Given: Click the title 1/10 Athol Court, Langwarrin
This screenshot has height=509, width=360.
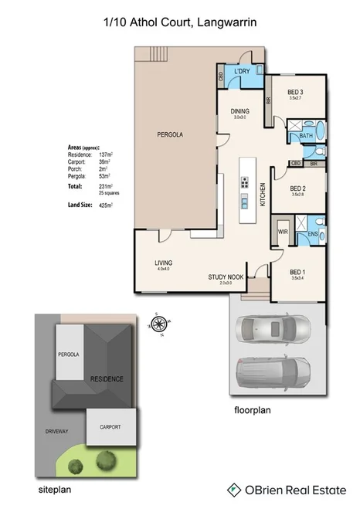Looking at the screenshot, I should point(179,24).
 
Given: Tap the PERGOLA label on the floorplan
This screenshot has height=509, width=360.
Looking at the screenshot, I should point(172,134).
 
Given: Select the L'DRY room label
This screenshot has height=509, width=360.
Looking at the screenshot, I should point(242,71).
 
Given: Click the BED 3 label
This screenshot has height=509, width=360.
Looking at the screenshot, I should point(295,93).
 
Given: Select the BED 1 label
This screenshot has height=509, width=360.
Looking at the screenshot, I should point(298,271).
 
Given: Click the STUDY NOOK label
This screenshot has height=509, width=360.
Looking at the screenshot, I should point(226,277).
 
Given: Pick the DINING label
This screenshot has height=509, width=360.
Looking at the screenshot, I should point(240,111).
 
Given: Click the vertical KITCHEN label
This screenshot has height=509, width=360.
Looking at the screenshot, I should point(263,193).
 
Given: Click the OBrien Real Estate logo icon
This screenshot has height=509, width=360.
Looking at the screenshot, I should point(233,489).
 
